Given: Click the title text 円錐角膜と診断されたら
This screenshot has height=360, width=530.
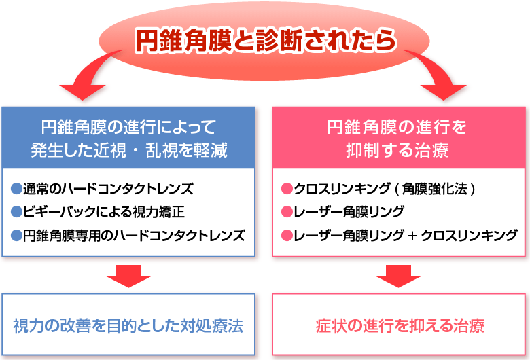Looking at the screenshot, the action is [266, 41].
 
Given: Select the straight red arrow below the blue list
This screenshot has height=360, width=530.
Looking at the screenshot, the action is [128, 276].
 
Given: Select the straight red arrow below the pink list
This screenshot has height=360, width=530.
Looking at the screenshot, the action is [398, 276].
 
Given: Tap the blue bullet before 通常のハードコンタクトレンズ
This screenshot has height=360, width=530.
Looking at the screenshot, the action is [16, 189].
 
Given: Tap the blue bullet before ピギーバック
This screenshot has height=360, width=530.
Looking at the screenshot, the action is [16, 212].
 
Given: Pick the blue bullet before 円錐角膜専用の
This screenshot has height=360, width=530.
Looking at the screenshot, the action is [16, 235].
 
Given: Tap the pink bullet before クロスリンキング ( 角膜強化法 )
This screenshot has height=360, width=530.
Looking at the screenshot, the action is [287, 189].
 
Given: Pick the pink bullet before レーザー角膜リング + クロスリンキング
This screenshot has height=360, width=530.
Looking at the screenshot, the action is [287, 235].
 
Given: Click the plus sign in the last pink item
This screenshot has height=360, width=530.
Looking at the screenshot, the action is [412, 236].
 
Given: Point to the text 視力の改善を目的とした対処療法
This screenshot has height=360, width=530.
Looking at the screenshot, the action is [128, 326].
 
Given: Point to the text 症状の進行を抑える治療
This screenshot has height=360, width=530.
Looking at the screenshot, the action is [400, 326].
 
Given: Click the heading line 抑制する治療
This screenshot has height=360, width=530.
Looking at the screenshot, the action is [397, 150].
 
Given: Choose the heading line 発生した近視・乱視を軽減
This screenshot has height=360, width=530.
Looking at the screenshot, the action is [129, 150].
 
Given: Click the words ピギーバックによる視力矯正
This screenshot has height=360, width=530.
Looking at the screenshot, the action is [104, 212].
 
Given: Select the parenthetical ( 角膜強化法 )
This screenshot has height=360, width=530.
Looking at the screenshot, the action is [436, 189].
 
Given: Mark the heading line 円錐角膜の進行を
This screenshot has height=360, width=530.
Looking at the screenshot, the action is [397, 127].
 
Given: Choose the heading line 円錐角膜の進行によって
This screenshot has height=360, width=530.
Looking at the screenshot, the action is [128, 127].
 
